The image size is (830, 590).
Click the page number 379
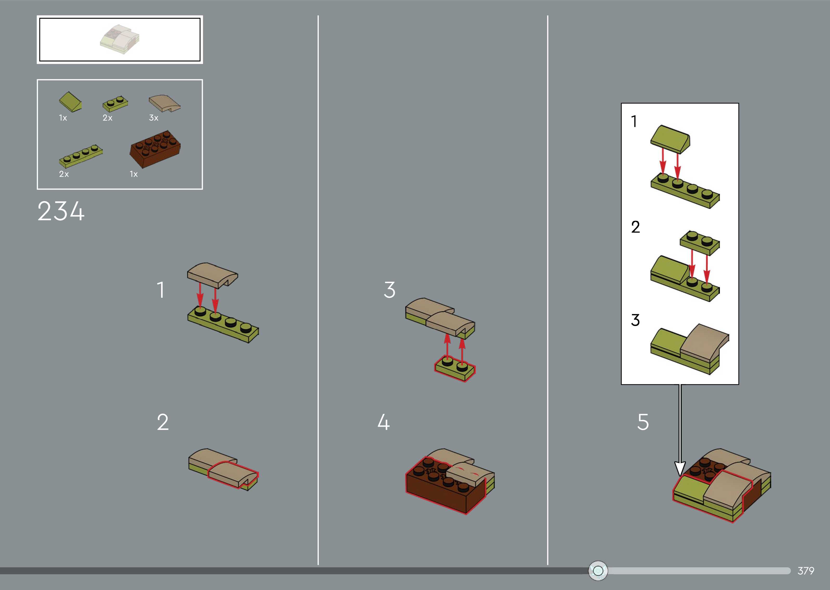tap(806, 571)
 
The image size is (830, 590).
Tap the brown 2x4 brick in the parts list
tap(155, 149)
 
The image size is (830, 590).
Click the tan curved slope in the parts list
tap(164, 104)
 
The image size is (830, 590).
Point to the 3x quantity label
tap(154, 118)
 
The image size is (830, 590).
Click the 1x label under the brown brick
tap(134, 174)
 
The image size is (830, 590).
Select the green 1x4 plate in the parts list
tap(81, 156)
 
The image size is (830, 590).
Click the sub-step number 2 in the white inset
tap(636, 227)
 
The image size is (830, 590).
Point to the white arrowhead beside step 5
tap(680, 469)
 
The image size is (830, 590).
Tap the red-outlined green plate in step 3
tap(455, 368)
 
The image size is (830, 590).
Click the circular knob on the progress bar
tap(598, 571)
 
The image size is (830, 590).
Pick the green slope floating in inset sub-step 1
tap(670, 139)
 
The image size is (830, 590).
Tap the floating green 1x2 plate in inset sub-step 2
tap(700, 243)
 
